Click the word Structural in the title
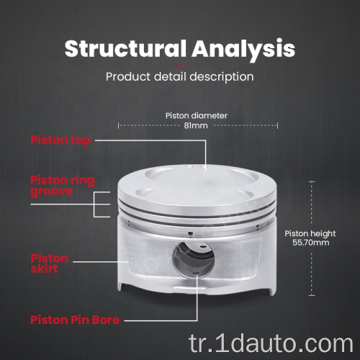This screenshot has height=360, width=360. tap(125, 49)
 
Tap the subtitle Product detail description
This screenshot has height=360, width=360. tap(180, 77)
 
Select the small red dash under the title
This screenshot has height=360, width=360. tap(180, 66)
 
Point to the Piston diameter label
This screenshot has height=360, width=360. tap(197, 116)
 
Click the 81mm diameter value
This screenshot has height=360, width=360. tap(196, 125)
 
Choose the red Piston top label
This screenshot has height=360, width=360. tap(60, 140)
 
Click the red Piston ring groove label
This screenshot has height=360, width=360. tap(63, 186)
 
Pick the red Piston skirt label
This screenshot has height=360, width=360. tap(50, 264)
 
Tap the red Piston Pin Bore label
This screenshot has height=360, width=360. tap(75, 320)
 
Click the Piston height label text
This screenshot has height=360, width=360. tap(310, 234)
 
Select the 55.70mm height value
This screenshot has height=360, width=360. tap(311, 243)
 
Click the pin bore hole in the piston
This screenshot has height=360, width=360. tap(194, 259)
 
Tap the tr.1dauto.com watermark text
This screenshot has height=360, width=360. tap(271, 344)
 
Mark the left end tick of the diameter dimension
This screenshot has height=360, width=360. tap(118, 125)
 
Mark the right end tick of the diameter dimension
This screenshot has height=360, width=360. tap(277, 125)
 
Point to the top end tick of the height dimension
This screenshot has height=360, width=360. tap(312, 182)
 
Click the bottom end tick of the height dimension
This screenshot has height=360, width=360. tap(312, 295)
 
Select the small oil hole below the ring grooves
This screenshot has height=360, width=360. tap(190, 233)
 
